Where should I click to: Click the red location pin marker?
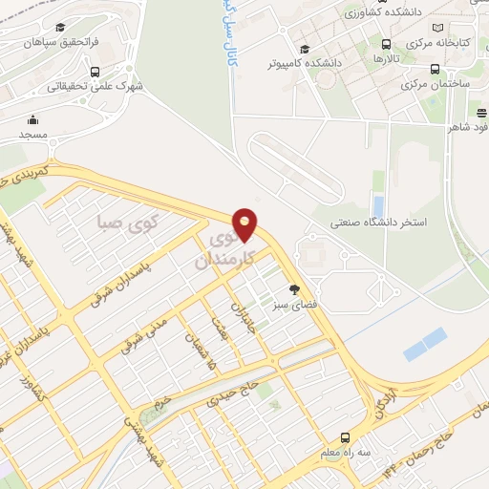245,223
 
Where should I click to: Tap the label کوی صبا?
126,224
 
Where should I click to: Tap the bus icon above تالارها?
386,44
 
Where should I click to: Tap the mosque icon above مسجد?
34,119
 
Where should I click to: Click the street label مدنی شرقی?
144,333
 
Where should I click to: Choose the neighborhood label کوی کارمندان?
226,248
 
